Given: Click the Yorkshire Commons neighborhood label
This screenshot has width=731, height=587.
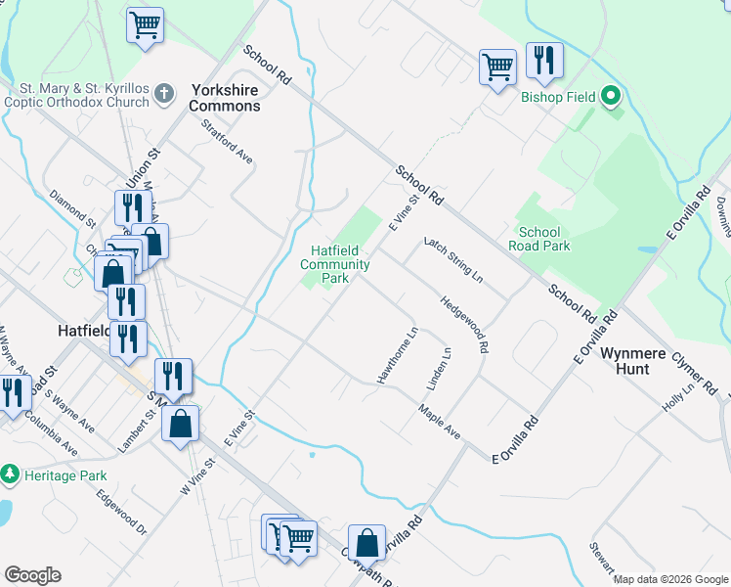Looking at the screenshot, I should [225, 96].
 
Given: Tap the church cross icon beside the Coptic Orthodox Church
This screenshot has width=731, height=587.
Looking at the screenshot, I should [164, 94].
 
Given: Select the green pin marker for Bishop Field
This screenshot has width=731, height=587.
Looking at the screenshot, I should [612, 96].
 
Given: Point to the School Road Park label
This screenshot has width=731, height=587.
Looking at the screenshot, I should [538, 239].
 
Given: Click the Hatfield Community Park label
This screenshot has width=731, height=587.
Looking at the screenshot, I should [334, 264].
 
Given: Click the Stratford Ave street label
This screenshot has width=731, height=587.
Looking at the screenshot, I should [228, 142].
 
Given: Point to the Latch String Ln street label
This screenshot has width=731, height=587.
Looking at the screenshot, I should [453, 259].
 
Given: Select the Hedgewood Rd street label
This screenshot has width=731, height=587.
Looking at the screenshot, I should [464, 325].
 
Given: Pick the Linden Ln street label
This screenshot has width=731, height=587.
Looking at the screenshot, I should [438, 366].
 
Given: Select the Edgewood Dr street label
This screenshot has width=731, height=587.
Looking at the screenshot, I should [121, 513].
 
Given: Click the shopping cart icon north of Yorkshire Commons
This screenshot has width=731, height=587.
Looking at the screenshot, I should [145, 23].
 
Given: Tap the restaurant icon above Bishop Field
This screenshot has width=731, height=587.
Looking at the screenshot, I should [543, 60].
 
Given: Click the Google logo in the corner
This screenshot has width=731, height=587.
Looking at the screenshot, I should [32, 575].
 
